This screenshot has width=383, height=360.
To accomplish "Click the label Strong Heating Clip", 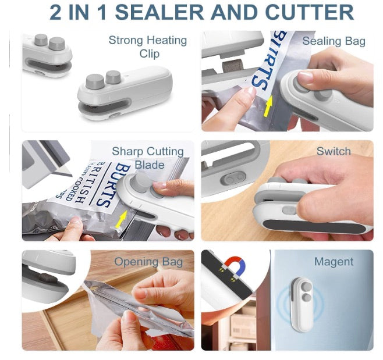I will click(x=148, y=47).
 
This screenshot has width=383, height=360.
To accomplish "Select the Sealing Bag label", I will click(x=334, y=41).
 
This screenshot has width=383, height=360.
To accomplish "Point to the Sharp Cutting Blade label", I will click(x=148, y=158).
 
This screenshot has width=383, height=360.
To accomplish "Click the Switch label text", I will click(x=334, y=151).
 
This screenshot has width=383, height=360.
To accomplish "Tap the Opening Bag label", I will click(x=148, y=262).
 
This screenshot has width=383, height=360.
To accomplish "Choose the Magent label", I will click(x=334, y=262).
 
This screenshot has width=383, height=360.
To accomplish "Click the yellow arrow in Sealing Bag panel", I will click(x=267, y=106).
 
